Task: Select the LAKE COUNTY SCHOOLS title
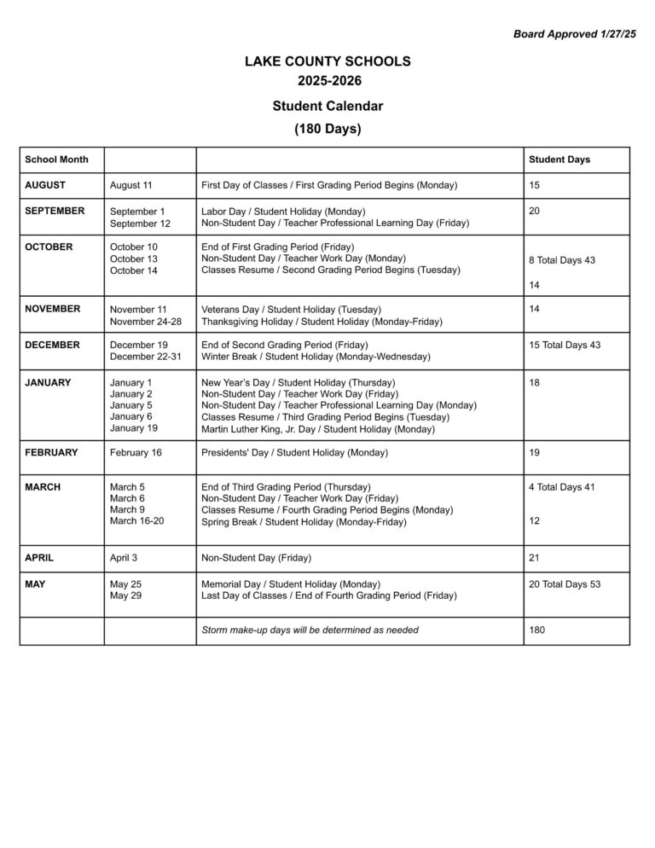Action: (327, 61)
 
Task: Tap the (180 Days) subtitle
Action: (327, 130)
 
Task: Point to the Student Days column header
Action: (559, 160)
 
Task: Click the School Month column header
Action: (56, 160)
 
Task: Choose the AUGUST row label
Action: (45, 185)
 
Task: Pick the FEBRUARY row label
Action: (51, 452)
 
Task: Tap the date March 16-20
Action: (136, 520)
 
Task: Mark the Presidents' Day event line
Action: (294, 452)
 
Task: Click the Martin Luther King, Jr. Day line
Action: (318, 429)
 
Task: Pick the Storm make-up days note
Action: (310, 630)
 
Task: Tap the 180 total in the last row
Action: (537, 630)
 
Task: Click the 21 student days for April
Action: (534, 558)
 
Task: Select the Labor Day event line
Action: (283, 212)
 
